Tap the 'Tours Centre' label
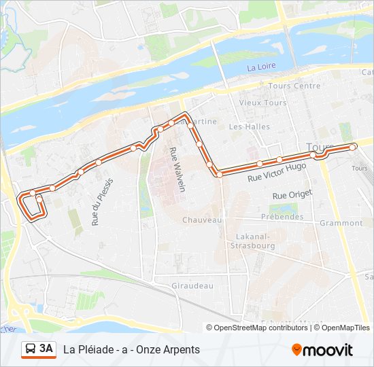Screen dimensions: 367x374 [294, 86]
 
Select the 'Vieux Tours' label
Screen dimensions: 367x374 [258, 103]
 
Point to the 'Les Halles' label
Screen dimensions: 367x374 [245, 126]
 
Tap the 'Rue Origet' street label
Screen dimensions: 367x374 [292, 195]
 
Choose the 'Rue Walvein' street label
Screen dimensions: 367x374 [177, 169]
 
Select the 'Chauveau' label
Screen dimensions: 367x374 [202, 220]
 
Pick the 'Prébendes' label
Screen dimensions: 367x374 [282, 217]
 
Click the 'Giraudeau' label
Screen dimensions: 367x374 [192, 286]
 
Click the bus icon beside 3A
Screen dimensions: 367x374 [31, 349]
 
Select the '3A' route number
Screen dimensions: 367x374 [46, 349]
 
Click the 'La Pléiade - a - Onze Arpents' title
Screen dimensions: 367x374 [132, 349]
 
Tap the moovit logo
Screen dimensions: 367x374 [322, 350]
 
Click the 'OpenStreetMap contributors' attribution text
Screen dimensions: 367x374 [260, 328]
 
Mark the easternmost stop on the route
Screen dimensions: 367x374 [353, 147]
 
